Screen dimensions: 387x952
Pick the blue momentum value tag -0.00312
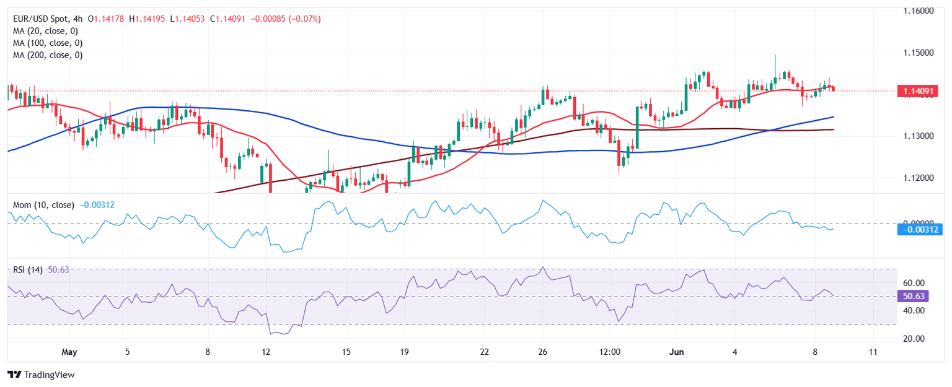920,229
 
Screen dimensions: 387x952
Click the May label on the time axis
69,352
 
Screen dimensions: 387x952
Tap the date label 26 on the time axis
543,352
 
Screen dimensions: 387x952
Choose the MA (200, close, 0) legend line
48,55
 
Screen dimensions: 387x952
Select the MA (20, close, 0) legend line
45,31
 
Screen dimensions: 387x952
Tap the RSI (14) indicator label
28,270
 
